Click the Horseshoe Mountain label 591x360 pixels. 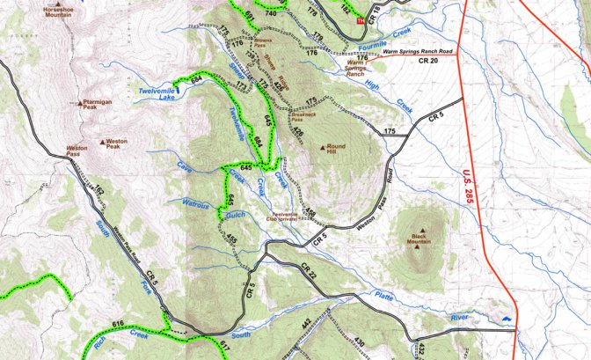[x=58, y=11]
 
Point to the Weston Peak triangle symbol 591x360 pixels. [x=106, y=141]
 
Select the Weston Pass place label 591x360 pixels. [x=77, y=151]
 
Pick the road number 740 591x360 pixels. [x=270, y=14]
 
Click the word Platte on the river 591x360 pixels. [x=385, y=298]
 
